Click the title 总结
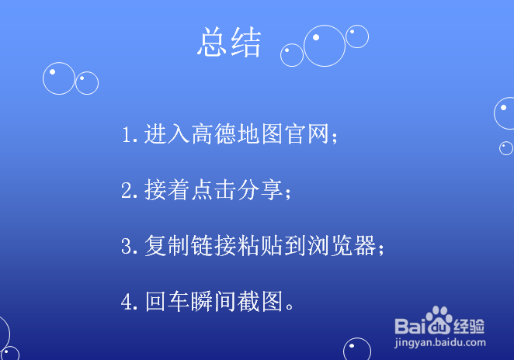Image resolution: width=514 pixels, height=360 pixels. point(229,43)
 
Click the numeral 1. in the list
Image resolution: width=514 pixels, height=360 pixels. point(129,134)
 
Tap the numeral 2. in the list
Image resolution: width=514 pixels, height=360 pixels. point(129,190)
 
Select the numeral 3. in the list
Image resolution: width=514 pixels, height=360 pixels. point(129,246)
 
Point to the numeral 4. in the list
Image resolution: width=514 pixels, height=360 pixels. point(129,302)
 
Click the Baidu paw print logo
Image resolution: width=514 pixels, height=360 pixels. point(440,320)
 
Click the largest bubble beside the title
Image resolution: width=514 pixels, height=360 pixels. point(324,46)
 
